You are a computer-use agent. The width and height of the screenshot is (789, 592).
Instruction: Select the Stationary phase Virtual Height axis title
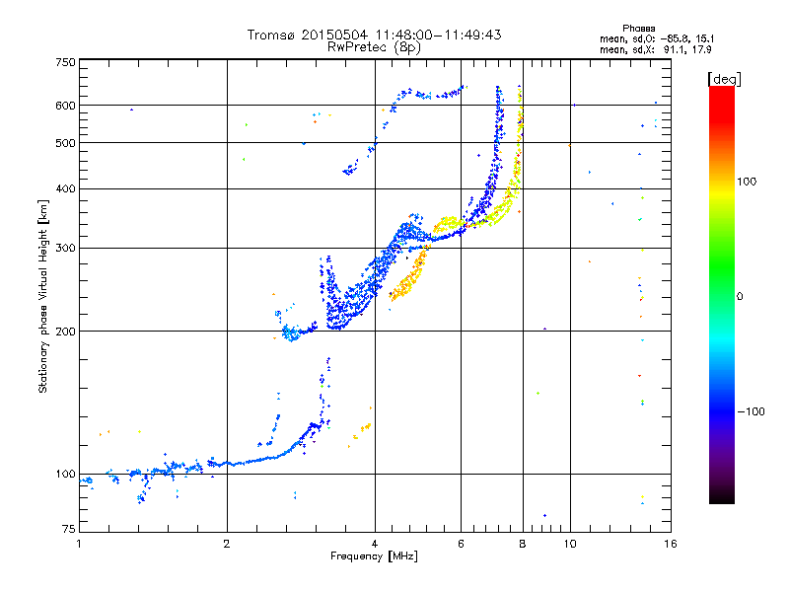coord(43,296)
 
